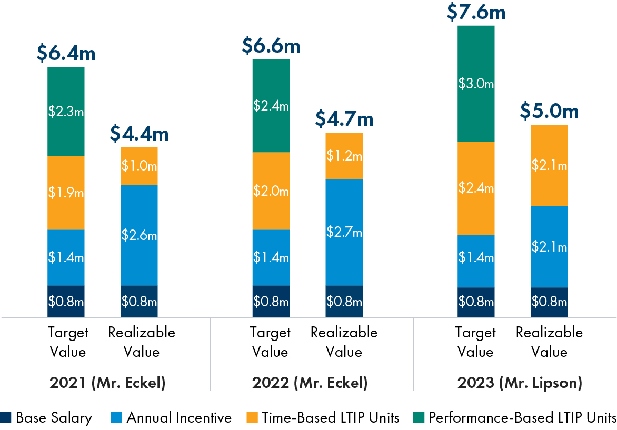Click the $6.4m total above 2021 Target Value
66,53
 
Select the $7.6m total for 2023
476,12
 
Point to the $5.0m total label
549,111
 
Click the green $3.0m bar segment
476,84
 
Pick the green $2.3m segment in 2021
66,112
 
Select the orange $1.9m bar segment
66,193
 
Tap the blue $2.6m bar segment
139,235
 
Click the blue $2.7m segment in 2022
344,232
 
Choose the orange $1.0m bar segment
139,166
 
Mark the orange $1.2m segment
344,156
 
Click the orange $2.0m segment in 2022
271,191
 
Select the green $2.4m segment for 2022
271,106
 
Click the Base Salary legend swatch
6,418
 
